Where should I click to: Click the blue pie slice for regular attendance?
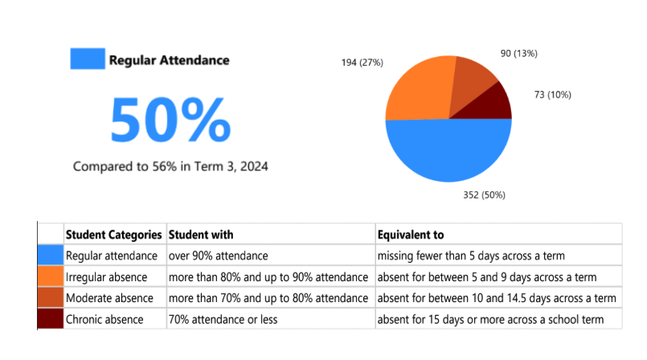point(448,153)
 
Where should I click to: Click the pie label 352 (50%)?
point(484,194)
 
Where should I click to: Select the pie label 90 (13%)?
point(518,53)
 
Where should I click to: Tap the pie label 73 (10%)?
point(552,95)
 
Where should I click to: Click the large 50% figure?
point(170,121)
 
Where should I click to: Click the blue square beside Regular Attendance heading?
point(87,59)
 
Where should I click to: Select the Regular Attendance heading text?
point(169,60)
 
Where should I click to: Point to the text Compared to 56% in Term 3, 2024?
point(170,166)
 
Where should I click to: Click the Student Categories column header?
point(113,235)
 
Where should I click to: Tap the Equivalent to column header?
point(411,235)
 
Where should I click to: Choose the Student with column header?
point(201,235)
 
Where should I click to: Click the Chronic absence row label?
point(104,319)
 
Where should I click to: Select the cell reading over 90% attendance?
point(218,256)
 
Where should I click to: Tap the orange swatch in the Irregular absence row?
point(51,276)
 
